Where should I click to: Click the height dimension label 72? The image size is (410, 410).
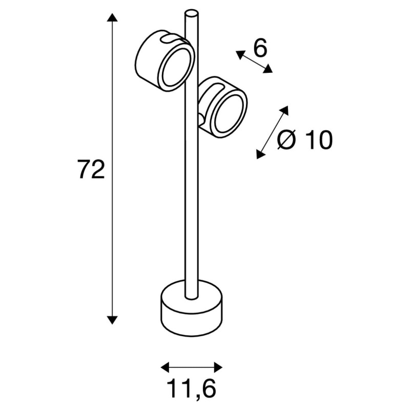click(91, 170)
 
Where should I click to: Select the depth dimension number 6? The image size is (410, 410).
click(260, 49)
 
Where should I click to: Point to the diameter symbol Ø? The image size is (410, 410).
click(287, 140)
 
